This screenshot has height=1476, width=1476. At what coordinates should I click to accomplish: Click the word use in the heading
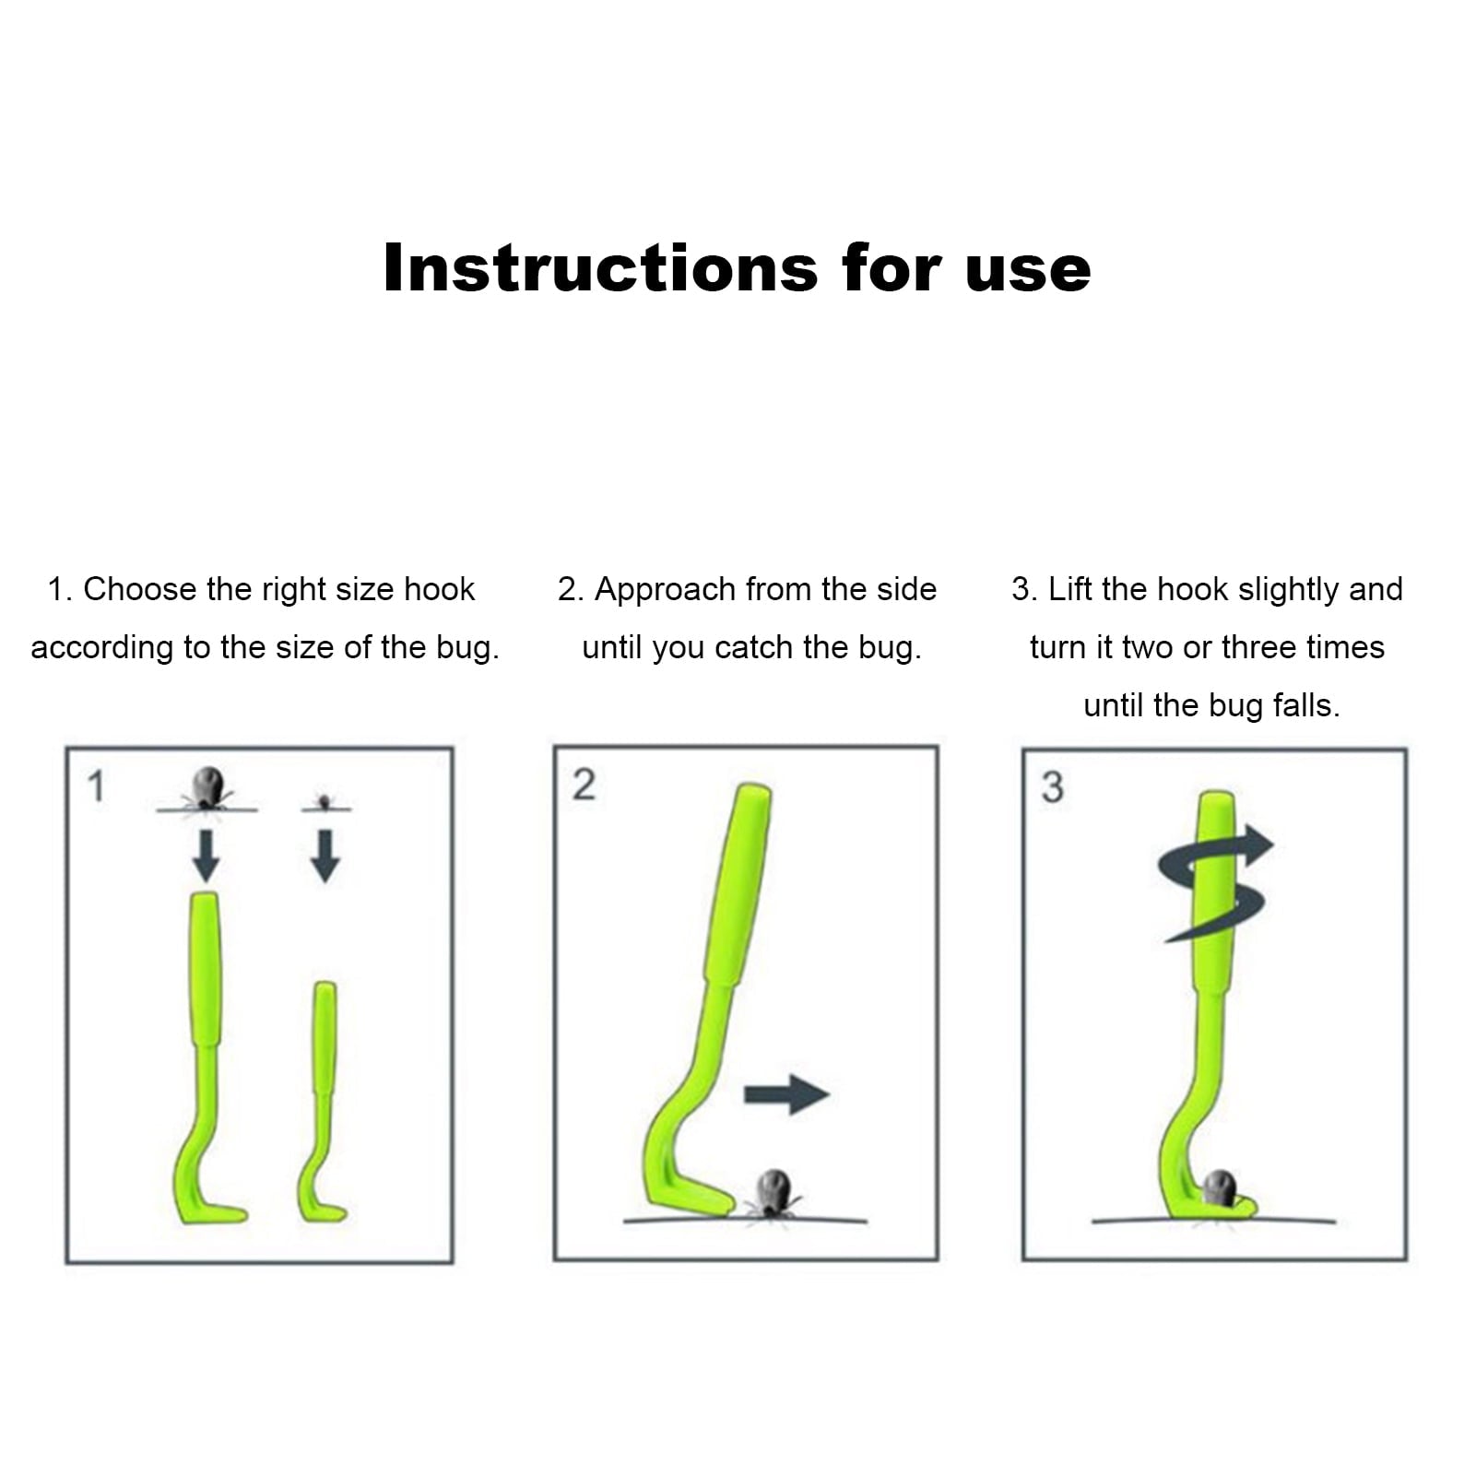tap(1028, 270)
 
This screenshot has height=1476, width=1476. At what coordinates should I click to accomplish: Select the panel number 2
tap(584, 785)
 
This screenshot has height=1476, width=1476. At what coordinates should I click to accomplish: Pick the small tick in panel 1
tap(324, 801)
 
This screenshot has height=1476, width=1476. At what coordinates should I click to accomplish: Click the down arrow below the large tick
tap(206, 856)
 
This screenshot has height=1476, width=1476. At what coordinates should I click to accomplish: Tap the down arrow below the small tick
tap(325, 856)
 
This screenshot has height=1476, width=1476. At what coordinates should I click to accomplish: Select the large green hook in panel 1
tap(206, 1060)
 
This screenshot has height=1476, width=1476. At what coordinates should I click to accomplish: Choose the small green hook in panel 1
tap(324, 1106)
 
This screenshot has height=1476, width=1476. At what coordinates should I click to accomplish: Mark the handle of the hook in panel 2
tap(738, 885)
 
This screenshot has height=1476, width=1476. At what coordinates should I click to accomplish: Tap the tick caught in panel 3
tap(1220, 1187)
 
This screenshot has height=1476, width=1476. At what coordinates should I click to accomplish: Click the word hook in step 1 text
tap(439, 589)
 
